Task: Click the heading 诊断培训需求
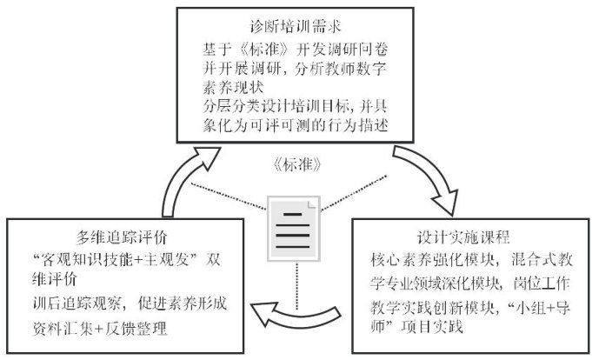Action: point(296,26)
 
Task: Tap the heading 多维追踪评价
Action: point(122,237)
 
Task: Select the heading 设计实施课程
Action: point(463,237)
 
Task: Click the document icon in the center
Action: point(294,229)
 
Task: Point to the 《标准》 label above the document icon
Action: point(296,164)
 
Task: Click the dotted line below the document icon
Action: point(296,286)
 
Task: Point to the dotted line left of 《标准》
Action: point(229,196)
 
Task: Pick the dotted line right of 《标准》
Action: point(354,193)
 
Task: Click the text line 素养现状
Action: point(233,88)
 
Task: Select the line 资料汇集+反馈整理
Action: point(100,329)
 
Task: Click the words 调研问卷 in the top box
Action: point(357,50)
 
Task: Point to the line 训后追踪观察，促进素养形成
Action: point(130,303)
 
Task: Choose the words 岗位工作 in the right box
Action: point(541,283)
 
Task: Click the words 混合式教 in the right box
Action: point(542,260)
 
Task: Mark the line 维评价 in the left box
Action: point(55,279)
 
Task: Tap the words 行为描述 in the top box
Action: point(357,125)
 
